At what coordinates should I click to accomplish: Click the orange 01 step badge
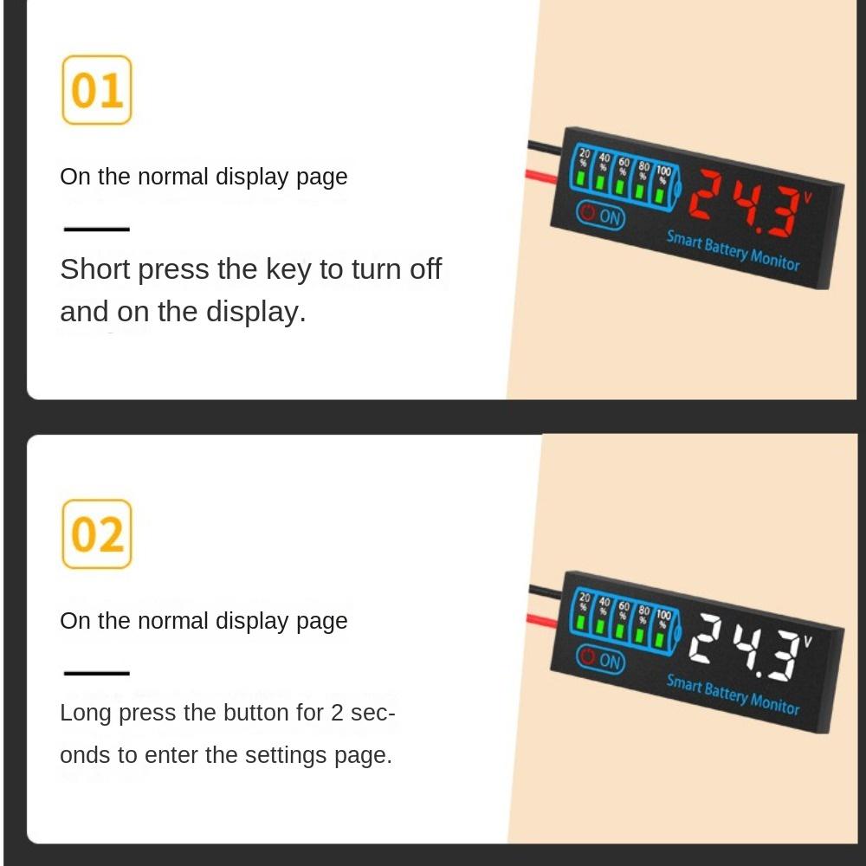pyautogui.click(x=97, y=90)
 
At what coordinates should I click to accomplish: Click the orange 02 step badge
pyautogui.click(x=97, y=534)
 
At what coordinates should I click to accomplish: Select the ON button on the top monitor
pyautogui.click(x=600, y=216)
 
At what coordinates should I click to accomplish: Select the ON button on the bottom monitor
pyautogui.click(x=600, y=660)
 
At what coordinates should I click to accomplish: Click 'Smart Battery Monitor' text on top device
pyautogui.click(x=733, y=250)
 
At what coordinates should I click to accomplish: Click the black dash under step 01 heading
pyautogui.click(x=96, y=229)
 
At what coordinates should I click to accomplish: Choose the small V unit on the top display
pyautogui.click(x=807, y=197)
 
